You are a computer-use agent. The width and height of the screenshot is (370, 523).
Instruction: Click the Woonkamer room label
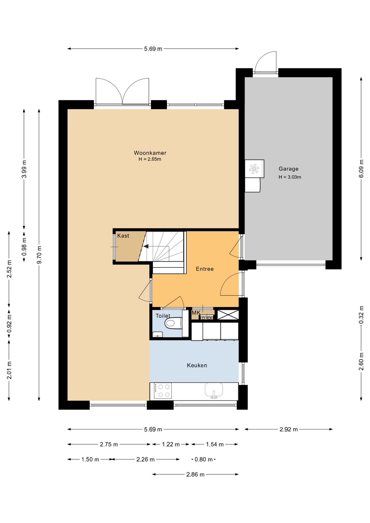pyautogui.click(x=150, y=153)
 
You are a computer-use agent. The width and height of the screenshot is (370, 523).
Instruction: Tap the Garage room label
pyautogui.click(x=288, y=169)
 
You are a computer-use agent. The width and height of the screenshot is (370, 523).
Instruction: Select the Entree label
pyautogui.click(x=205, y=269)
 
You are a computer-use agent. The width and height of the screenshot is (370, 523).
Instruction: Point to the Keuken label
pyautogui.click(x=197, y=365)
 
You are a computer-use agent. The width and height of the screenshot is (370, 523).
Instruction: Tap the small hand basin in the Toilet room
pyautogui.click(x=157, y=335)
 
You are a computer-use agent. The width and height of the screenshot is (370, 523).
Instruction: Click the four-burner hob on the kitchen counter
pyautogui.click(x=163, y=391)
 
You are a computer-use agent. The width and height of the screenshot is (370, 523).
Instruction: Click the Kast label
pyautogui.click(x=123, y=236)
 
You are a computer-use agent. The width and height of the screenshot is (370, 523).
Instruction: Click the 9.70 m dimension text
pyautogui.click(x=39, y=255)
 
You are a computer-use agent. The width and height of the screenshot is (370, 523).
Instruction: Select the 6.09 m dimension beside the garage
pyautogui.click(x=361, y=169)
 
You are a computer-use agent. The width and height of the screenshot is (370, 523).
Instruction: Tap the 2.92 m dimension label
pyautogui.click(x=289, y=429)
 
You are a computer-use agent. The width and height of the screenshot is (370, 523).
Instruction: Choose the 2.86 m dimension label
pyautogui.click(x=195, y=475)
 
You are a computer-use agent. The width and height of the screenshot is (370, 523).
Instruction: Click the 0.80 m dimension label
pyautogui.click(x=204, y=460)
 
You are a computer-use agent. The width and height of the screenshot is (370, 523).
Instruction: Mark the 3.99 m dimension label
pyautogui.click(x=24, y=169)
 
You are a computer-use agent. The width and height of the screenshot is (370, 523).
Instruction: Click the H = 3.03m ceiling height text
pyautogui.click(x=290, y=177)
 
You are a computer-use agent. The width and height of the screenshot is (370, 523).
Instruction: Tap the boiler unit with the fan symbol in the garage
pyautogui.click(x=254, y=169)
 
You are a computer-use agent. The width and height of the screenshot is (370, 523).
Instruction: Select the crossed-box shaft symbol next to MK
pyautogui.click(x=228, y=315)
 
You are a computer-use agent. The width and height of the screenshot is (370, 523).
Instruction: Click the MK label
pyautogui.click(x=196, y=313)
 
